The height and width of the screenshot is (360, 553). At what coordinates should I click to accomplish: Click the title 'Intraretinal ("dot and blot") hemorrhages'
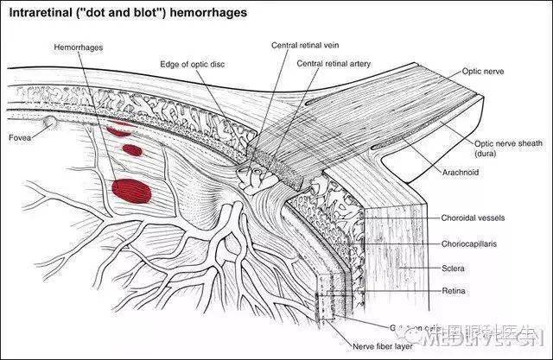tap(127, 14)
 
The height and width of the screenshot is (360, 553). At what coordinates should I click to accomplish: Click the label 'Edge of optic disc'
tap(192, 64)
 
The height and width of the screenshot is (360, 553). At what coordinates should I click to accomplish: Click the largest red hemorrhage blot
tap(132, 189)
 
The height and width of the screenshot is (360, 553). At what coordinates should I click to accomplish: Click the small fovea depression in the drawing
tap(53, 123)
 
